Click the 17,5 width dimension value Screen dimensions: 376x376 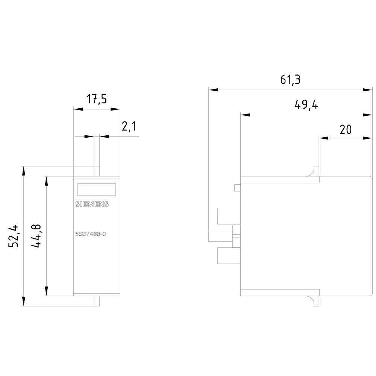(x=97, y=99)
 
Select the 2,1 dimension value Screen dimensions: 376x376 (x=128, y=127)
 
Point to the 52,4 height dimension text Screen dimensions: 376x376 (x=14, y=236)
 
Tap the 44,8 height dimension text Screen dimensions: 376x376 (x=36, y=236)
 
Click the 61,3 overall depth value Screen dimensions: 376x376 (x=290, y=80)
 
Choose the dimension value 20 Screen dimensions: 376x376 (x=345, y=129)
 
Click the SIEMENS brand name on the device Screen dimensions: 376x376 (x=92, y=204)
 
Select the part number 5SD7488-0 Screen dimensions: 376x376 (x=91, y=234)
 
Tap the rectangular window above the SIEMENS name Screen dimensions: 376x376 (x=96, y=190)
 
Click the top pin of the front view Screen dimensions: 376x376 (x=97, y=171)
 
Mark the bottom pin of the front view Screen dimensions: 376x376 (x=97, y=301)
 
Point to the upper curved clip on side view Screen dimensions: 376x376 (x=313, y=171)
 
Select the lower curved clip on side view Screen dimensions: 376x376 (x=313, y=301)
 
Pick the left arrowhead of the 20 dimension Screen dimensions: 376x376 (x=323, y=138)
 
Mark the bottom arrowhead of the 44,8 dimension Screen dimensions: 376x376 (x=46, y=291)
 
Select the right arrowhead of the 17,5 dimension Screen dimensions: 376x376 (x=115, y=109)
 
